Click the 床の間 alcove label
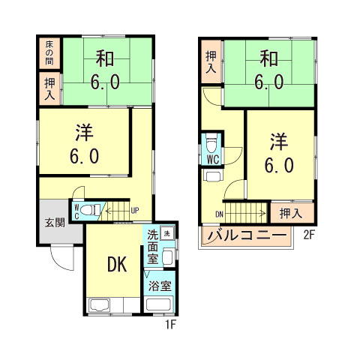point(49,52)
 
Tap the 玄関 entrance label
point(54,222)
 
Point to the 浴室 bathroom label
point(159,286)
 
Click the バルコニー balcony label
point(247,237)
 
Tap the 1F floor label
point(172,325)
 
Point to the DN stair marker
point(220,214)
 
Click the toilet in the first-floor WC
point(88,210)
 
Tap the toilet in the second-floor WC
point(212,142)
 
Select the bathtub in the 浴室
point(158,305)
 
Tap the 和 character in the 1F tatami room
point(104,57)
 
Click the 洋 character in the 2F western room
point(277,141)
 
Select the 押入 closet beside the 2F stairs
point(286,213)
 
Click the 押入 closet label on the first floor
point(49,89)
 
